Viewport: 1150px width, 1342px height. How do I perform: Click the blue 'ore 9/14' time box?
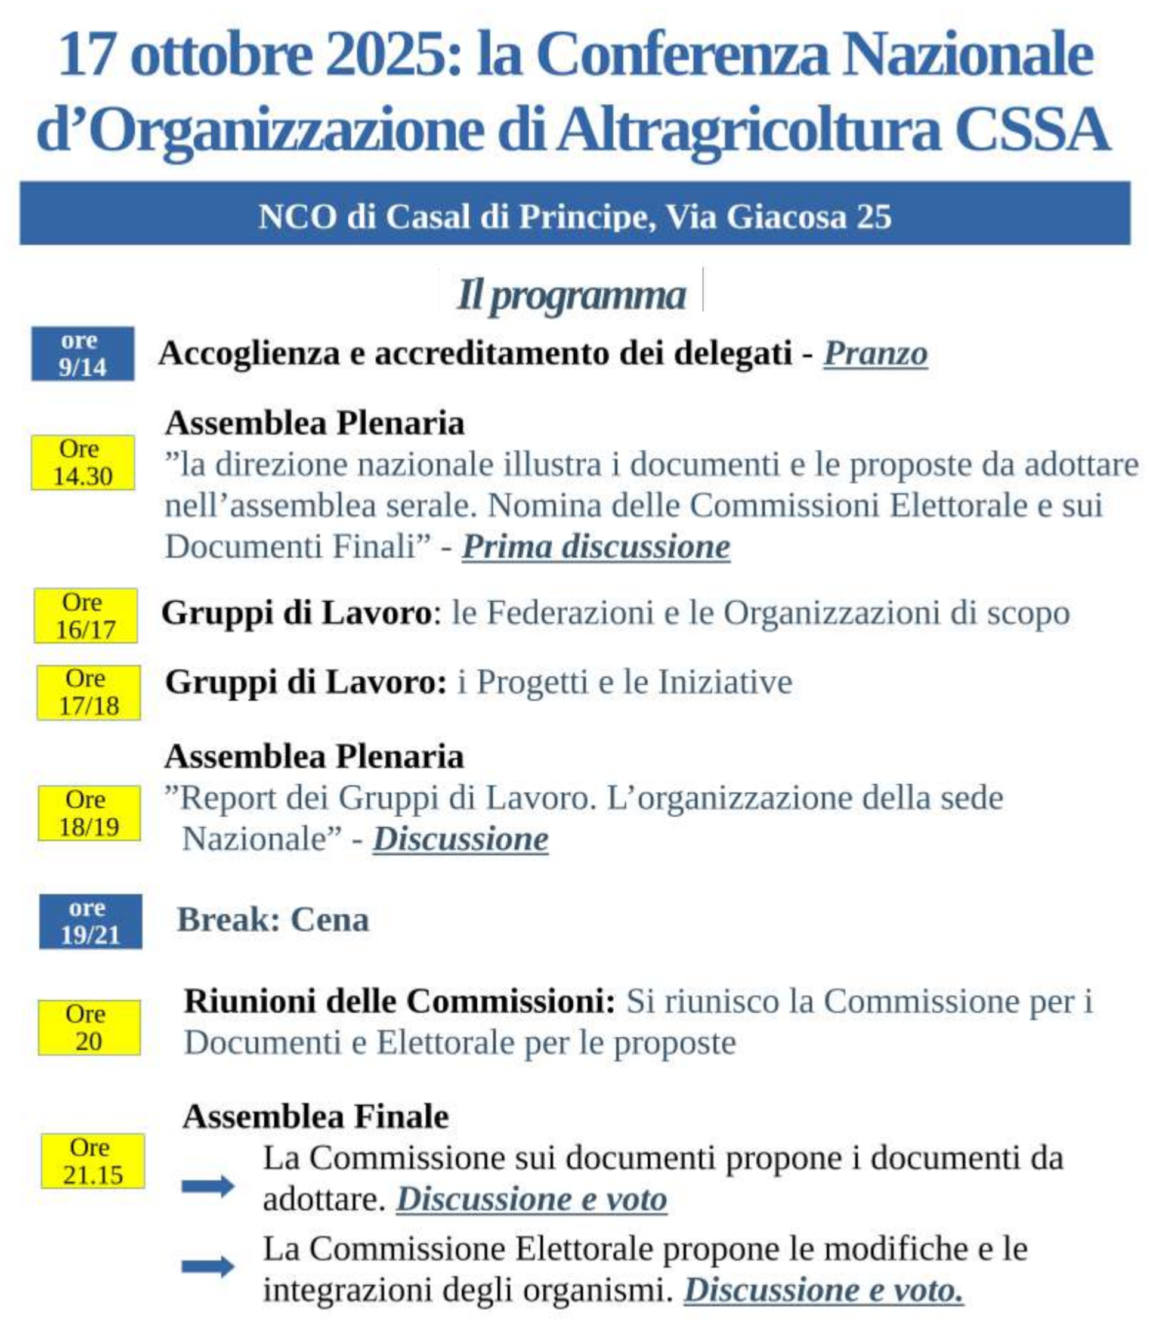click(82, 354)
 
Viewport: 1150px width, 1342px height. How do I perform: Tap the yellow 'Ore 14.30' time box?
click(82, 462)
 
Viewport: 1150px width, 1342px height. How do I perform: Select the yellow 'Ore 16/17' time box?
click(85, 616)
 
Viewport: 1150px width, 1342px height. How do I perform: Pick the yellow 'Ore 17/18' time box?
click(88, 692)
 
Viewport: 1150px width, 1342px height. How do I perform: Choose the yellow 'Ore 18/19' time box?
click(89, 813)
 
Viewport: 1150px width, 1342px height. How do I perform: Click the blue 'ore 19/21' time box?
click(90, 921)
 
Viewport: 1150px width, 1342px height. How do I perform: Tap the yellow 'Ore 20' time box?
click(89, 1027)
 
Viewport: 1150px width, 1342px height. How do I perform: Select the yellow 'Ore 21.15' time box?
click(92, 1161)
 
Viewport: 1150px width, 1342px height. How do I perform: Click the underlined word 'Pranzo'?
click(874, 354)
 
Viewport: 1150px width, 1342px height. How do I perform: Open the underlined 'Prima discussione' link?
click(595, 547)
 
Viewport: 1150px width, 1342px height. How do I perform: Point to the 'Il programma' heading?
click(571, 295)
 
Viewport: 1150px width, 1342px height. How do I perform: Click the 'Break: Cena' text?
click(273, 920)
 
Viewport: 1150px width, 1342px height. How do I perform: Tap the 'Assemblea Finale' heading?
click(316, 1117)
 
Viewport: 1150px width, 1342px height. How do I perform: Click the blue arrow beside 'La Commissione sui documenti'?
click(208, 1186)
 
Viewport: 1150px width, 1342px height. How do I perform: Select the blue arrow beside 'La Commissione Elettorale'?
click(208, 1266)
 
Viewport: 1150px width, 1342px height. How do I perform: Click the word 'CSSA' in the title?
click(1032, 129)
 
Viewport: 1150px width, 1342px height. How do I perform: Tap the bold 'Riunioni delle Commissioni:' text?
click(399, 1001)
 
